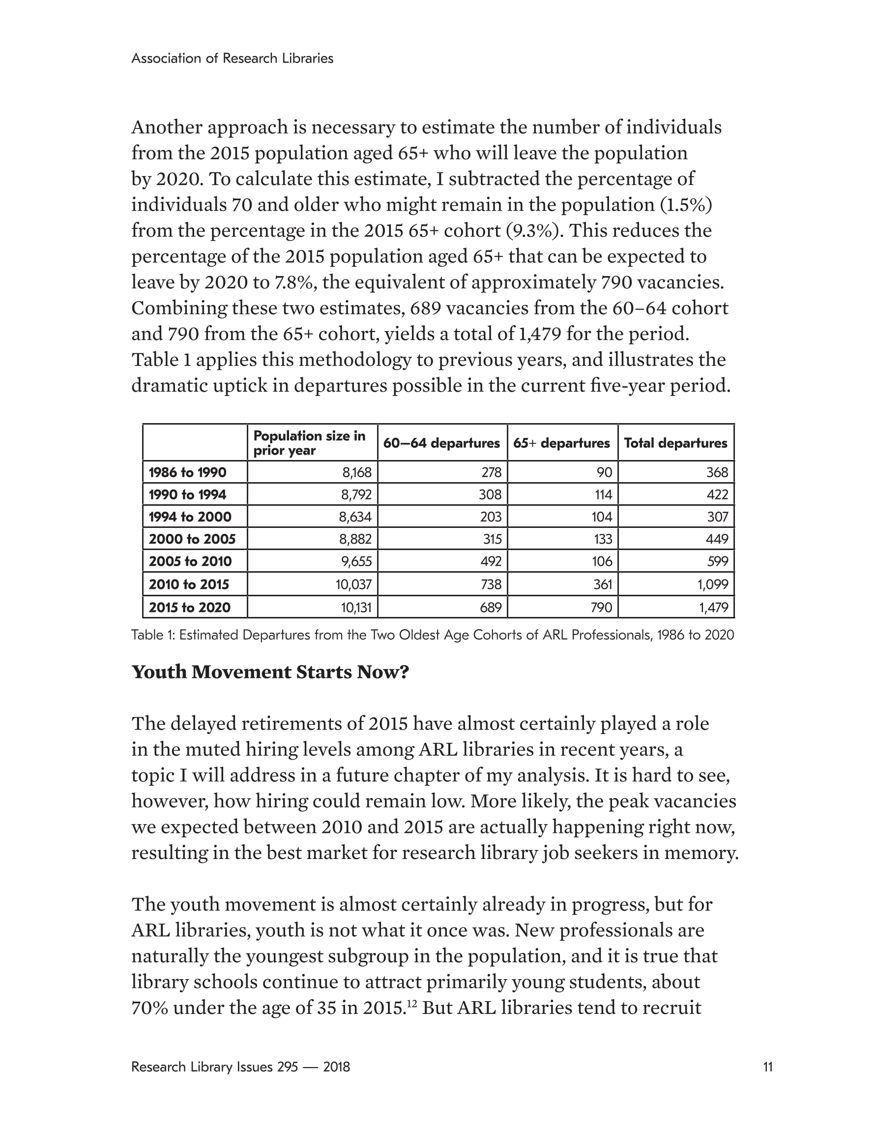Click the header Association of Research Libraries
[232, 58]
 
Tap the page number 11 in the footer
[768, 1067]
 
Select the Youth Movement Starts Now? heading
[270, 672]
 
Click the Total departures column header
[675, 443]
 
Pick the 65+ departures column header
[561, 443]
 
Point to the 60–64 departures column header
[441, 443]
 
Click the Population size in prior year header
[309, 443]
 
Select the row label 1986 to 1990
[188, 472]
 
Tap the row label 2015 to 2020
[189, 607]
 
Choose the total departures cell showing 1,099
[713, 584]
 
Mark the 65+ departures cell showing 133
[603, 539]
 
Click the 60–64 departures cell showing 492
[490, 561]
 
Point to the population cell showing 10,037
[354, 584]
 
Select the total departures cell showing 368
[717, 472]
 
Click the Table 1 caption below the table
[433, 635]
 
